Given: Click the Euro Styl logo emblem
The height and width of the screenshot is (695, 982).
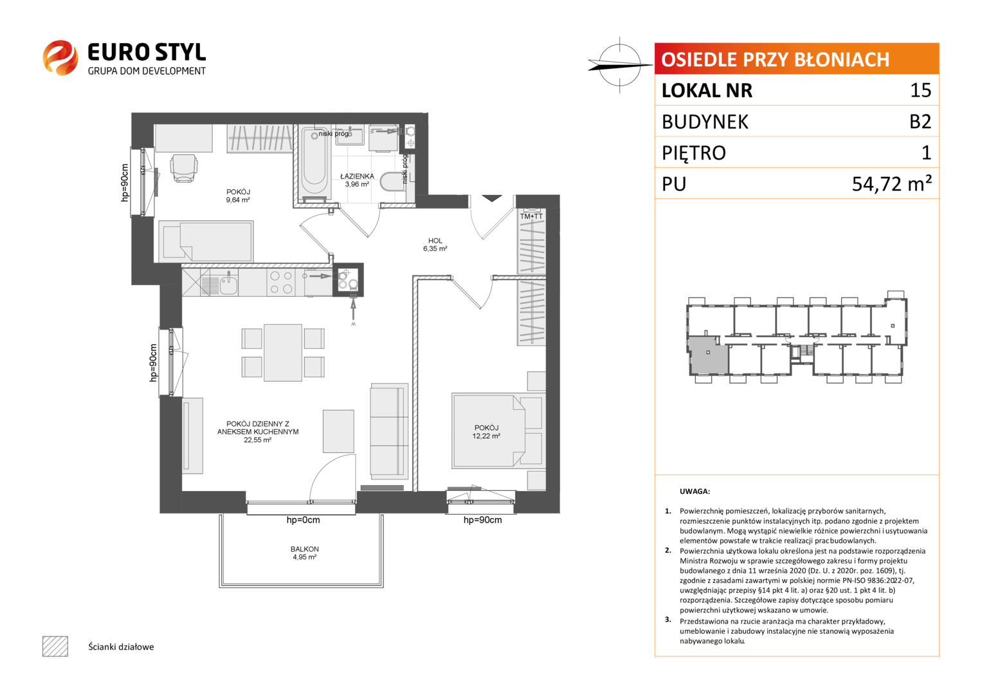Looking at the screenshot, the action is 60,57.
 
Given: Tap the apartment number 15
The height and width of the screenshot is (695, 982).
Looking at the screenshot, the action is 920,90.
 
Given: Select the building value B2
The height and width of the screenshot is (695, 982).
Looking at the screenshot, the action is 920,122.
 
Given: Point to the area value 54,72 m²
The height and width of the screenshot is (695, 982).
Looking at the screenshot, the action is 891,183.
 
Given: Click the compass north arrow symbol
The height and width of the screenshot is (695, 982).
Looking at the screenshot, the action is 620,65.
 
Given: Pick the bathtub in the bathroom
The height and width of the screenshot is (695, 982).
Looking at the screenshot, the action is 314,161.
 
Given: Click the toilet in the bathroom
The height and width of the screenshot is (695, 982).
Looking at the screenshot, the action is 392,181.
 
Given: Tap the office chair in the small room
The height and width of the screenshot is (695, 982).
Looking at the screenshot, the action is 184,168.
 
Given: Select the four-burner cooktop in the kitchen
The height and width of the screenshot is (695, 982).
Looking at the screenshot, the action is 281,282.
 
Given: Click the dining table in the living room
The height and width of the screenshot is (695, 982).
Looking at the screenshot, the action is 283,353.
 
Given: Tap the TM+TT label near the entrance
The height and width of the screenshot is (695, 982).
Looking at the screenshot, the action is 531,216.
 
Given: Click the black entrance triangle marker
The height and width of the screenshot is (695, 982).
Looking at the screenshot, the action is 492,198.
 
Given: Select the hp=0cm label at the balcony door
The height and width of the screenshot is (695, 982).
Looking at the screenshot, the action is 303,520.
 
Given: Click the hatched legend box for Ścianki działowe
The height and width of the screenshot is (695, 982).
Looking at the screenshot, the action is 55,646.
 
